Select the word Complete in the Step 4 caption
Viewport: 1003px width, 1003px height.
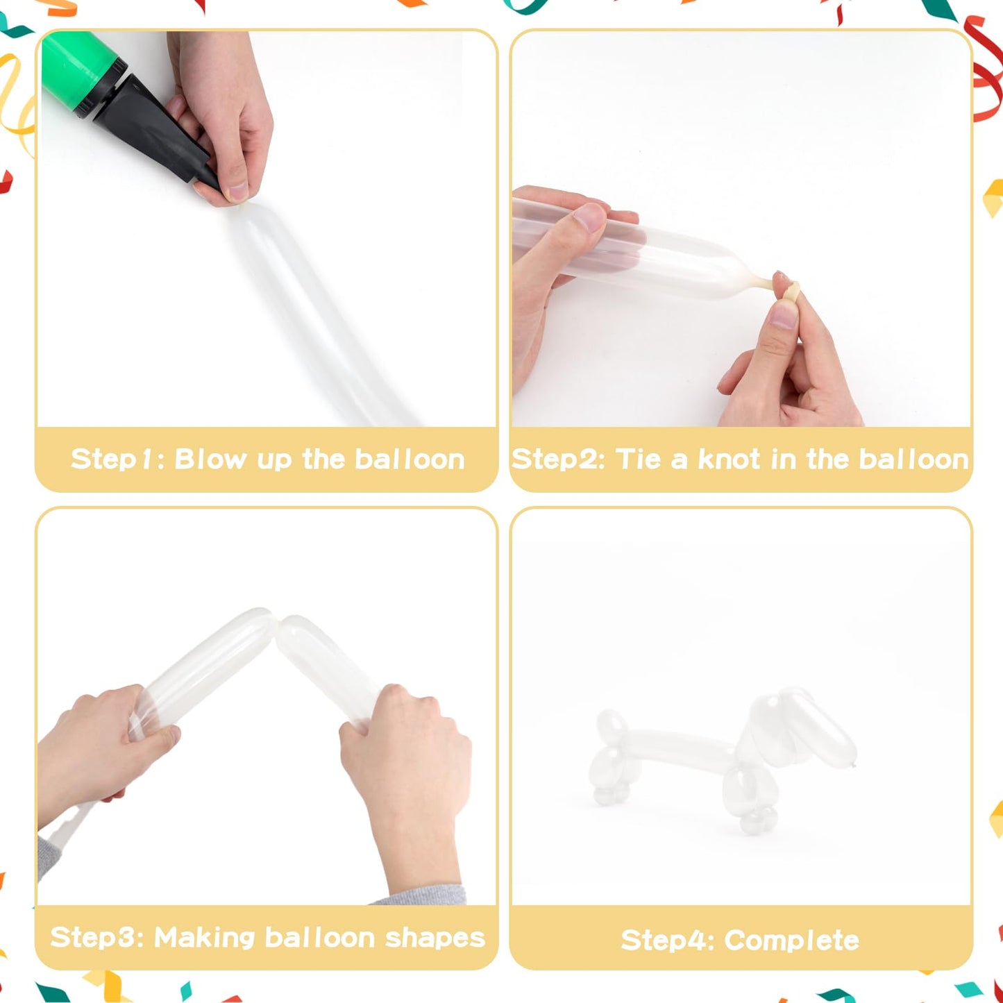[792, 940]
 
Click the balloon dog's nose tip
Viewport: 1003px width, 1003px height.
[852, 764]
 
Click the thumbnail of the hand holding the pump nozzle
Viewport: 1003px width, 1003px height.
[237, 191]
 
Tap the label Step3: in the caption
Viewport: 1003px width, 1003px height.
[96, 938]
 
